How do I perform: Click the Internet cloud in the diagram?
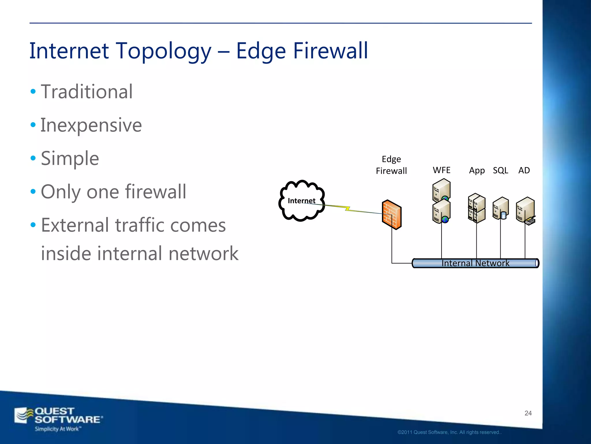coord(302,201)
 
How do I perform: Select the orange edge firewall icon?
coord(392,214)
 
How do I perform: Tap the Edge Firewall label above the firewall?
coord(391,165)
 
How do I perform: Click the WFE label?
coord(442,170)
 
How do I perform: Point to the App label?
coord(477,171)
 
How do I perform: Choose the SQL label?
coord(500,171)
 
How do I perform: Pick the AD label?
coord(524,171)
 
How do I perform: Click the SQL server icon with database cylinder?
coord(501,208)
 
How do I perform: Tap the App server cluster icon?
coord(477,208)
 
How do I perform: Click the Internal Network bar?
coord(475,263)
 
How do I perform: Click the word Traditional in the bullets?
coord(87,92)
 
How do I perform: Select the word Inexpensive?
coord(91,125)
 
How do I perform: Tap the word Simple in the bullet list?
coord(70,158)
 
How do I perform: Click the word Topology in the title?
coord(164,51)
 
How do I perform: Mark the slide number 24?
coord(528,413)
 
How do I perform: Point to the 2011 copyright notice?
coord(449,432)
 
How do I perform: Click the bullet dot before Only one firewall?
coord(33,191)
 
